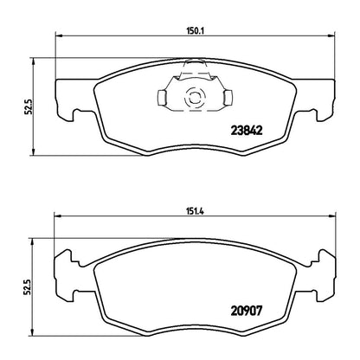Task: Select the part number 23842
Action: [x=247, y=131]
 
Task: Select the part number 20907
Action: [x=247, y=311]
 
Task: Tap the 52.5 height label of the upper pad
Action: [x=28, y=106]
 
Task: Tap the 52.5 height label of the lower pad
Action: [x=28, y=287]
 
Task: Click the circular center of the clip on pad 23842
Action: [x=194, y=97]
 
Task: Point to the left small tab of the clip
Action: [x=162, y=97]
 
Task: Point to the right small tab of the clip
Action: [x=228, y=97]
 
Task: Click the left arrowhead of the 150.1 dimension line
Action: [x=59, y=35]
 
